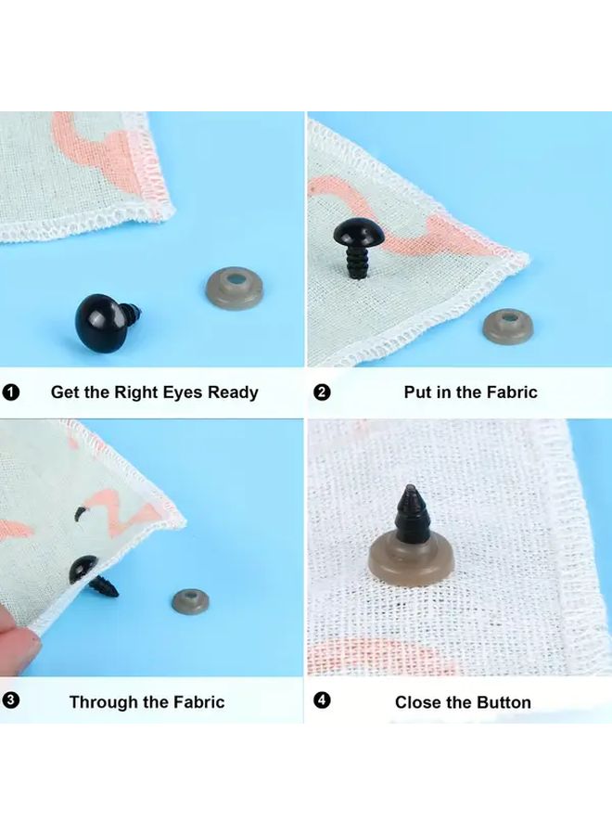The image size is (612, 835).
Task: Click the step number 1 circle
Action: coord(10,393)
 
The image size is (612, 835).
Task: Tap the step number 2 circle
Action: coord(322,393)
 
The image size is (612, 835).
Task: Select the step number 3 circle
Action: coord(10,700)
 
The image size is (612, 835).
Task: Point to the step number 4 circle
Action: coord(322,700)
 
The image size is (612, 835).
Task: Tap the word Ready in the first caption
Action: coord(233,393)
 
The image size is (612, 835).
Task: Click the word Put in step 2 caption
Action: coord(418,392)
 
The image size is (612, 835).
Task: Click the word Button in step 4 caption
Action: coord(503,702)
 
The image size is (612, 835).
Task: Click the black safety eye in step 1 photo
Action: coord(105,322)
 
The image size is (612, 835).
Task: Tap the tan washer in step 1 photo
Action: coord(235,289)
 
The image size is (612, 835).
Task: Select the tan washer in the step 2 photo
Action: coord(508,326)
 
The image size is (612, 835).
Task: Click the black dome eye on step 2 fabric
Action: coord(359,232)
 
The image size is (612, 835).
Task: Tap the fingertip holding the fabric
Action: coord(18,639)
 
